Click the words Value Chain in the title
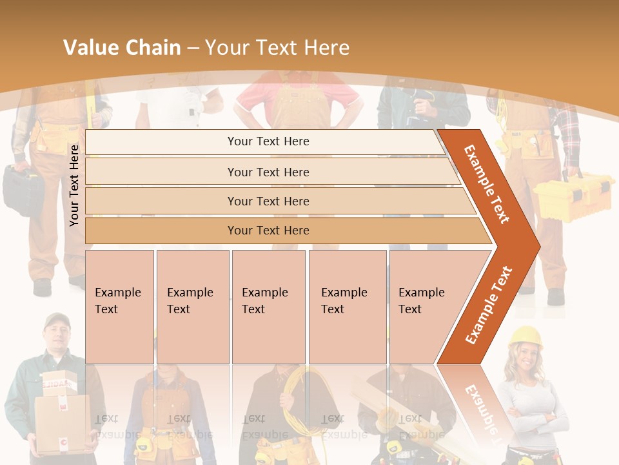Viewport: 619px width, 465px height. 122,48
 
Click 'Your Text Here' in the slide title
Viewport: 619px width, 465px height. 277,48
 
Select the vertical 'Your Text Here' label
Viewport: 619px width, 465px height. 74,185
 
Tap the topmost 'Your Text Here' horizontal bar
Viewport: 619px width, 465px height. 268,141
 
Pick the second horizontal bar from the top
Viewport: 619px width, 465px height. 268,172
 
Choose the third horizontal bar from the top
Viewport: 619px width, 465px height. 268,201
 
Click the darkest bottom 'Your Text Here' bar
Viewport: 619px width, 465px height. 268,231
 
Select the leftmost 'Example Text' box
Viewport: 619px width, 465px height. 119,306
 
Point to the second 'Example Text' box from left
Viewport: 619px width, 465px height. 192,306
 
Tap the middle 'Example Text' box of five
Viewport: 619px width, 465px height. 268,306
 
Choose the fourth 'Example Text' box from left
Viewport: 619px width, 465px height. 347,306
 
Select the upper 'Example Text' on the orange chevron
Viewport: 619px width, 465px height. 487,184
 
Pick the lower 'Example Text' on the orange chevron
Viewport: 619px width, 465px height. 489,305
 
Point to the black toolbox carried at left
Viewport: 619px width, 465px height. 23,190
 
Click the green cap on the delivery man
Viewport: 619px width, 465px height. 57,319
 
